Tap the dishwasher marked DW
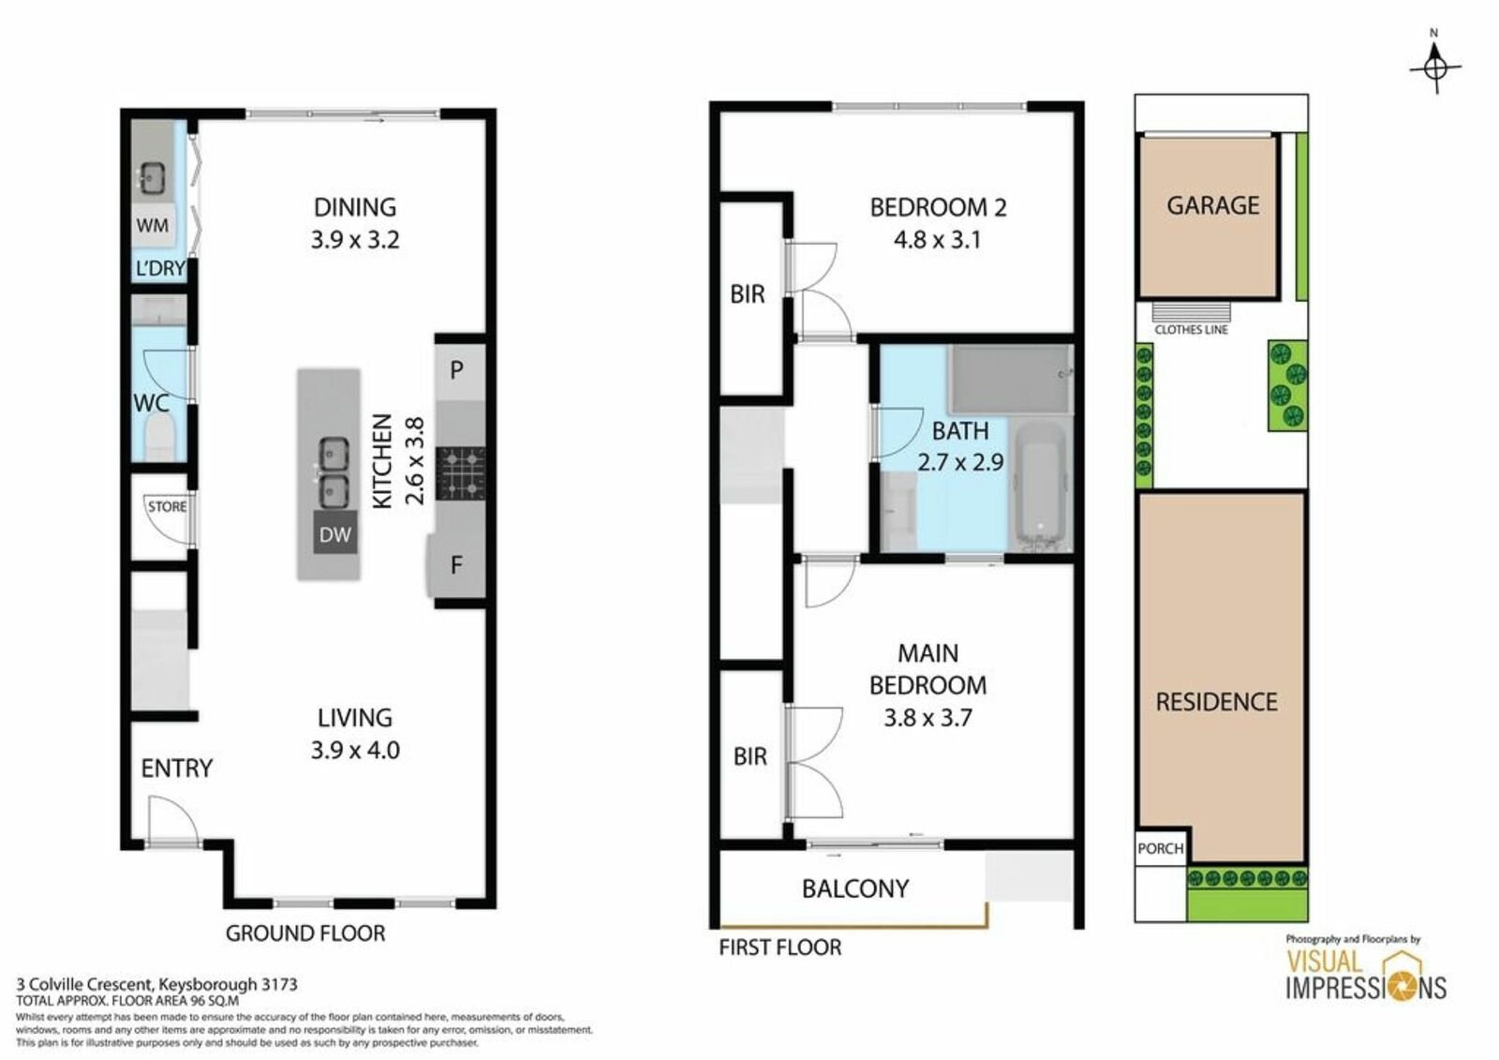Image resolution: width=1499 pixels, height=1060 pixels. point(335,533)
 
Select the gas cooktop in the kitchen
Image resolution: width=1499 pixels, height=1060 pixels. point(460,473)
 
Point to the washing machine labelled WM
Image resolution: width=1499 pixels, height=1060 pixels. point(154,225)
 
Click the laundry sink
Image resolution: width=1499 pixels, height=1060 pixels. point(154,177)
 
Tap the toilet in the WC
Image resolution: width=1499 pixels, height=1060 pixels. point(159,438)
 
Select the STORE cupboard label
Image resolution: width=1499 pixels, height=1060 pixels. point(168,506)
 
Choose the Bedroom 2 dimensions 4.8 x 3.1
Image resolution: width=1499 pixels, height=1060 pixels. point(937,240)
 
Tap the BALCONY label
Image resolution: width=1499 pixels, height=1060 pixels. point(855,888)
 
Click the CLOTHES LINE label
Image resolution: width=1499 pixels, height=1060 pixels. point(1191,330)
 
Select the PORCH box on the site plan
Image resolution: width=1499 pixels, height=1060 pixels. point(1161,848)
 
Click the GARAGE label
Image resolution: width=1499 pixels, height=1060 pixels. point(1212,205)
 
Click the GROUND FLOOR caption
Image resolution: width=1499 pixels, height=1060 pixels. point(305,933)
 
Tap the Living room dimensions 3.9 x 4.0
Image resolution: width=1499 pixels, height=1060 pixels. point(355,750)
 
